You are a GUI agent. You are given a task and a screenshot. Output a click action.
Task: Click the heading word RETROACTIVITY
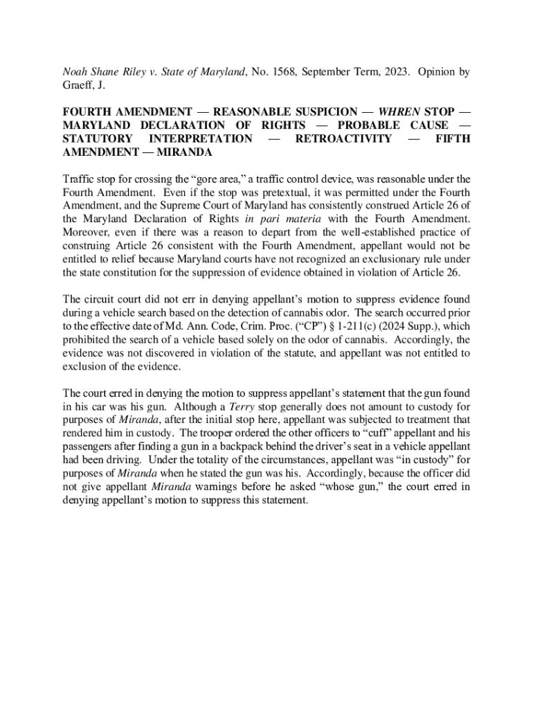click(x=343, y=138)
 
